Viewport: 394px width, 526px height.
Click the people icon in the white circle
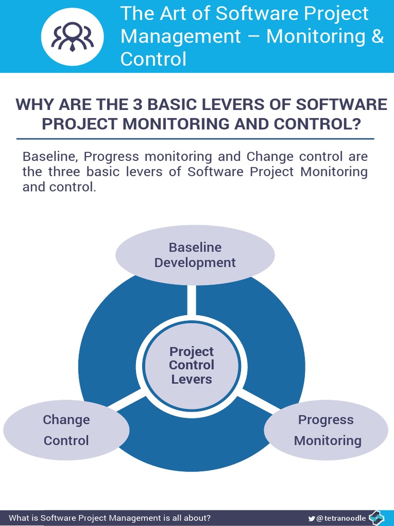[72, 36]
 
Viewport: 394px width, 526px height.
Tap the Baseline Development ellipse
[195, 255]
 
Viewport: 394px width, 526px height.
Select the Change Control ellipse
[66, 430]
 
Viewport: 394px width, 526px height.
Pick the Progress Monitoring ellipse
[327, 430]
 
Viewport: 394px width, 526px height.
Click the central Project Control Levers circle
[191, 365]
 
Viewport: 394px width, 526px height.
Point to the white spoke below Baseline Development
[191, 300]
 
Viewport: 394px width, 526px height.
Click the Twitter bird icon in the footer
[311, 518]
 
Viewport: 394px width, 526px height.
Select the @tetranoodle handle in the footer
[342, 518]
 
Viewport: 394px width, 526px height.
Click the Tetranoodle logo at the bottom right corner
[377, 518]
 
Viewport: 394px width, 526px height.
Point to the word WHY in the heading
[34, 104]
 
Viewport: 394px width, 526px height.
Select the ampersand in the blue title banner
[377, 36]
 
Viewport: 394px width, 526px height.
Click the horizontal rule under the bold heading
[195, 139]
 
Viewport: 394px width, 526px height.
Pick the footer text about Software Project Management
[110, 518]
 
